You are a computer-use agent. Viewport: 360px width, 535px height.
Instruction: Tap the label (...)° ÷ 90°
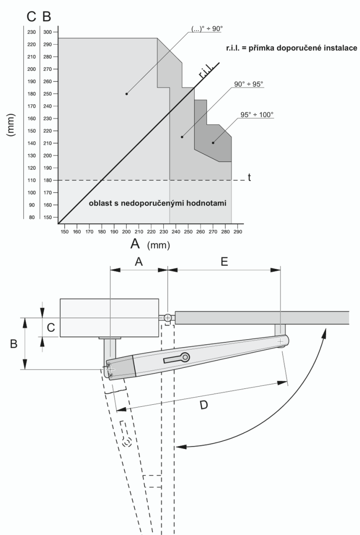click(206, 29)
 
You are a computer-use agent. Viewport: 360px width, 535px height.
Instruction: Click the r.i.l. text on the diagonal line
click(207, 71)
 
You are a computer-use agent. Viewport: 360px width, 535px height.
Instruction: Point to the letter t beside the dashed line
click(250, 177)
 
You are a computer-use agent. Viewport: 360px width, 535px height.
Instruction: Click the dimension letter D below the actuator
click(203, 406)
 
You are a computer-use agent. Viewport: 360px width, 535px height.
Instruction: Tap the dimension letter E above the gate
click(224, 262)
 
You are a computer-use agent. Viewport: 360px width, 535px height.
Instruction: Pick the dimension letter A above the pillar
click(139, 262)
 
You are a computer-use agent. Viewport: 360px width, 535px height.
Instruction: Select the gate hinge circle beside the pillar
click(167, 318)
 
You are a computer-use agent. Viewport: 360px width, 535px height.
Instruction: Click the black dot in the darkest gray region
click(213, 143)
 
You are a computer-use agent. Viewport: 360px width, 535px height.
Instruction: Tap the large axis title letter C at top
click(31, 16)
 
